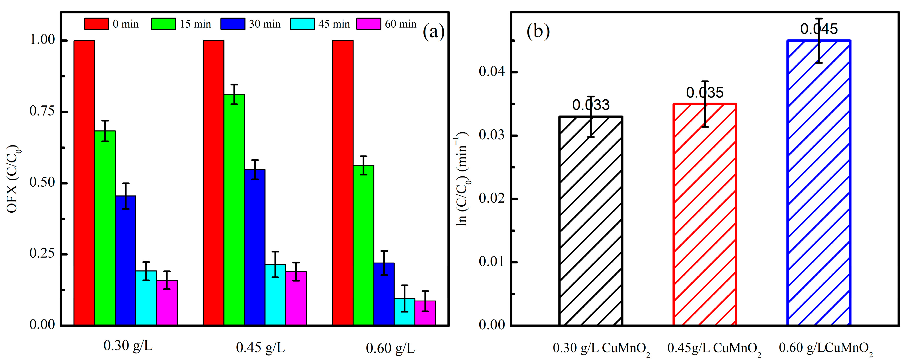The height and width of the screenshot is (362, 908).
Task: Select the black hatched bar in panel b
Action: click(591, 220)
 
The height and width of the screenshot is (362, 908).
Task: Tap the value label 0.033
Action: click(591, 105)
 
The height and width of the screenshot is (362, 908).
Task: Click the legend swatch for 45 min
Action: click(302, 24)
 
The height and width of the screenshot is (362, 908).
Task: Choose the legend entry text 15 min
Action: click(195, 24)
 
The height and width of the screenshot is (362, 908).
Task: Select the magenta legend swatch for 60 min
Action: click(369, 24)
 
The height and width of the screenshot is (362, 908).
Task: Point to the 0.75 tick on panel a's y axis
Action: click(42, 111)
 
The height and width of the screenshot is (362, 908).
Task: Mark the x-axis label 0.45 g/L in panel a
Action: click(260, 348)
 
